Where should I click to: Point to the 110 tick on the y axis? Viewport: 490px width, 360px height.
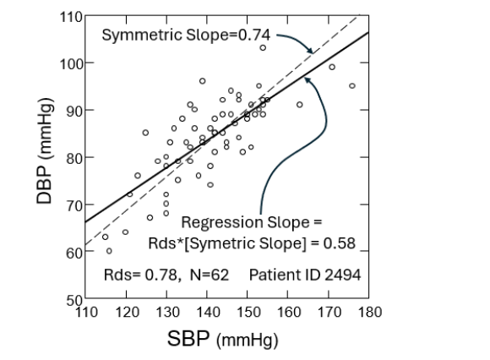pos(72,17)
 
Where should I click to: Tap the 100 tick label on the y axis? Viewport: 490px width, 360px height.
pos(72,63)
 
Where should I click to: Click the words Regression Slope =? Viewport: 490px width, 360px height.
pos(252,224)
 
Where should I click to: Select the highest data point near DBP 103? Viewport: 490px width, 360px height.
pos(263,48)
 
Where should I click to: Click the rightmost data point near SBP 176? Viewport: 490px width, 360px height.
pos(352,85)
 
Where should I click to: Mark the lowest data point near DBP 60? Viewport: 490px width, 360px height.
pos(109,250)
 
